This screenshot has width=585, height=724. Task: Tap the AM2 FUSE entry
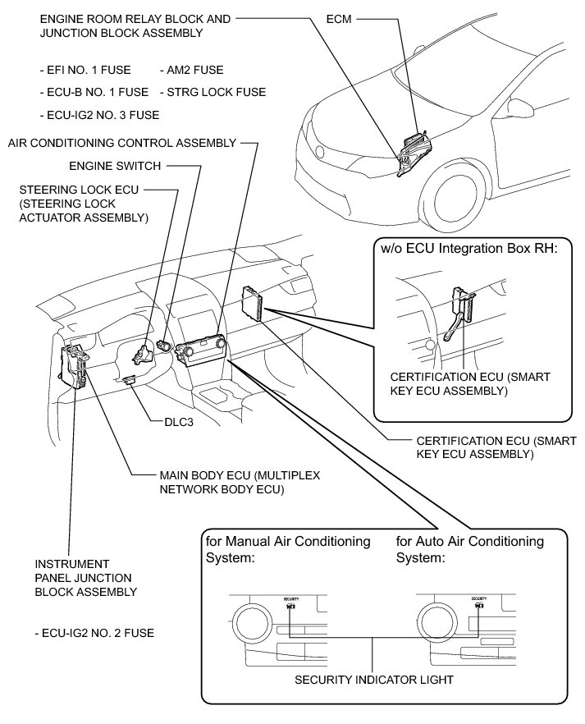tap(193, 71)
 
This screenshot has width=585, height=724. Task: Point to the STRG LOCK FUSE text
tap(213, 93)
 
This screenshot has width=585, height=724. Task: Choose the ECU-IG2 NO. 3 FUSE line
tap(99, 115)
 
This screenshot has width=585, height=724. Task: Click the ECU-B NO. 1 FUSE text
tap(94, 93)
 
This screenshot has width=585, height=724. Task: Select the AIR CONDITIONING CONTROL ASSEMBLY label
tap(121, 143)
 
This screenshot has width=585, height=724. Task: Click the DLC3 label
tap(179, 425)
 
